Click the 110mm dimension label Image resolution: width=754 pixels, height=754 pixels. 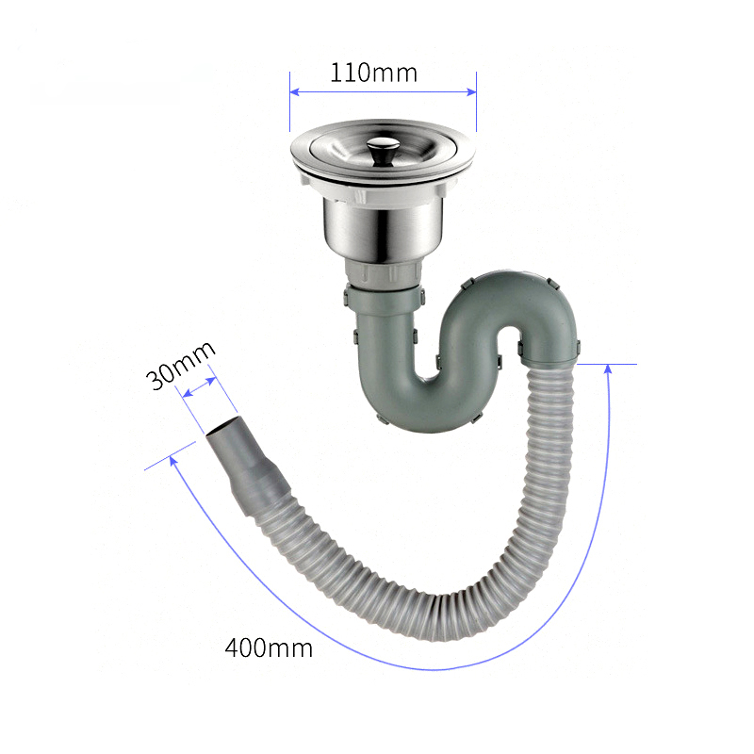373,74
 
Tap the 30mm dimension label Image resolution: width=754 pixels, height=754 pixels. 180,365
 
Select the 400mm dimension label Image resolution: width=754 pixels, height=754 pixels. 269,647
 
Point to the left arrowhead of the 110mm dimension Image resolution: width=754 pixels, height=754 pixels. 295,91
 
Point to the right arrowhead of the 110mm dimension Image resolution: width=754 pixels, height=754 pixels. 471,91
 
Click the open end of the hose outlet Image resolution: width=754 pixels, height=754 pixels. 223,428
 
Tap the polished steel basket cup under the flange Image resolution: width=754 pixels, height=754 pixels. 382,230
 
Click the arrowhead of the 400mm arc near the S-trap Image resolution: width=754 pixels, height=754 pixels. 608,369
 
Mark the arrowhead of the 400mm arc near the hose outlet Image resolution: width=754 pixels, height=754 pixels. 173,461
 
